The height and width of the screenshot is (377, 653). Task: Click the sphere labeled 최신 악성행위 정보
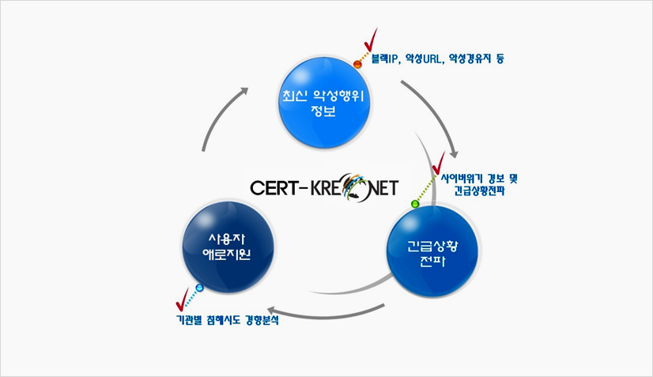(324, 103)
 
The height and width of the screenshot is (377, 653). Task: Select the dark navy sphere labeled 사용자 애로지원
(228, 247)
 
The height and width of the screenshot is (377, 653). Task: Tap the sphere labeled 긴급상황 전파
(432, 251)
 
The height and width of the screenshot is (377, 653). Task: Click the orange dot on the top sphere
(357, 64)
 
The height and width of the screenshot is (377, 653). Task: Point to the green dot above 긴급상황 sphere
(415, 204)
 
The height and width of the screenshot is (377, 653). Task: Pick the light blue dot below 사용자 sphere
(199, 288)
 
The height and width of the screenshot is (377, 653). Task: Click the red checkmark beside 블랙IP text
(371, 40)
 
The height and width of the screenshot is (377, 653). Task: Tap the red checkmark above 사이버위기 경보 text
(439, 164)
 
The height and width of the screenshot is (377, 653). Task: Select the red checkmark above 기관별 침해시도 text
(183, 300)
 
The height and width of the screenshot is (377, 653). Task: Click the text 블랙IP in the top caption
(383, 58)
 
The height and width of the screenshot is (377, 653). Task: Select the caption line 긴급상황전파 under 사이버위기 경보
(479, 190)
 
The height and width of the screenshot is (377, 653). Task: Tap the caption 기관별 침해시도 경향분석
(228, 320)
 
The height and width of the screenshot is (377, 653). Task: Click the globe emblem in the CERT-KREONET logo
(355, 187)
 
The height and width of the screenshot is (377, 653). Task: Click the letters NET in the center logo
(383, 188)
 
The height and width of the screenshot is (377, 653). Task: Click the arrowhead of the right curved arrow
(454, 153)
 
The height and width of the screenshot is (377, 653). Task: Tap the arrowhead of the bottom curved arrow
(273, 311)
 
